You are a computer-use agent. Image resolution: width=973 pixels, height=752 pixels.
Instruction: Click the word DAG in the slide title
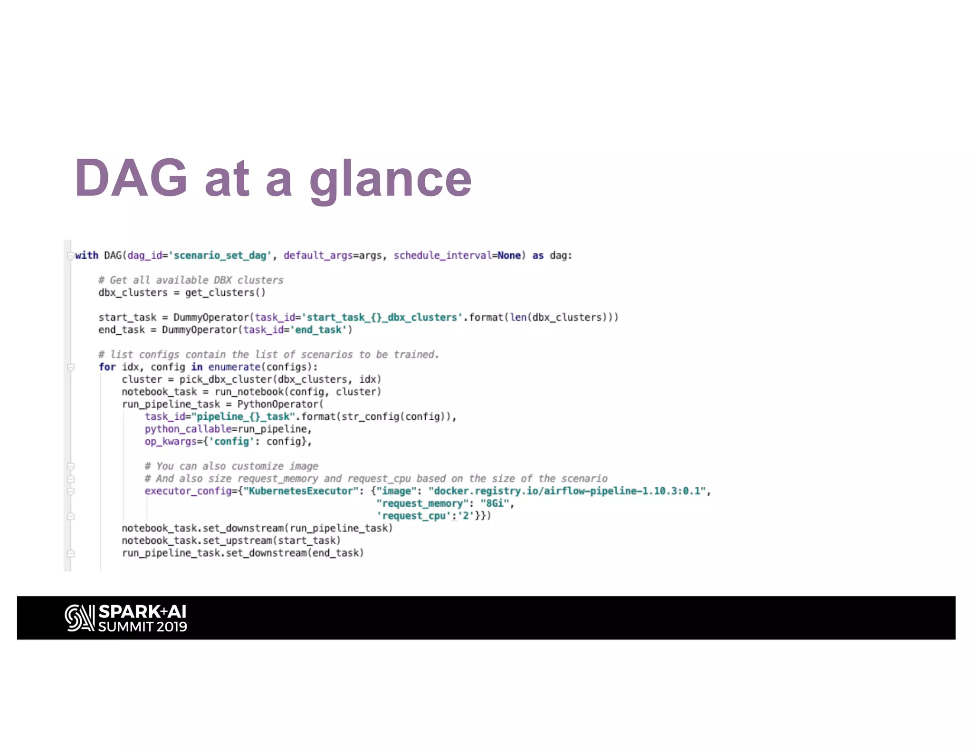(x=131, y=178)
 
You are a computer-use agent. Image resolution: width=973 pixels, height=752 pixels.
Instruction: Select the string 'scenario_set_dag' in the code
(x=220, y=256)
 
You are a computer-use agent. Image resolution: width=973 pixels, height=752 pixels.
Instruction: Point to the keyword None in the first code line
(x=509, y=256)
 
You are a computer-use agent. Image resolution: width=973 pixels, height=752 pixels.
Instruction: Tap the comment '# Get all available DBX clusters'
(x=191, y=280)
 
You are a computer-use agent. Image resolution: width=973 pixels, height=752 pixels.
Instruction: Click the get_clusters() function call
(x=225, y=293)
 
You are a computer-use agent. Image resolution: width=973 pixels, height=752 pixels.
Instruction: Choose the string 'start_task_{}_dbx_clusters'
(x=382, y=318)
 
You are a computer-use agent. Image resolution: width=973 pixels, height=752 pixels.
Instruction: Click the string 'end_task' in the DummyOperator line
(x=318, y=330)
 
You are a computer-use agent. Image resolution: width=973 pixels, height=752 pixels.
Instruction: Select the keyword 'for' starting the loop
(x=107, y=367)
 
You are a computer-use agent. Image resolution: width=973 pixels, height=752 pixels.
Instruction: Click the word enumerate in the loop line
(x=234, y=367)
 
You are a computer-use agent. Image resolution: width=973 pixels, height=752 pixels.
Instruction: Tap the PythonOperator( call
(x=280, y=404)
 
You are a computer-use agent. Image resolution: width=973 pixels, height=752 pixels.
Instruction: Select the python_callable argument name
(x=188, y=429)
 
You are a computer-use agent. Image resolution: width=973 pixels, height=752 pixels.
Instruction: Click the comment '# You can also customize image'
(x=231, y=466)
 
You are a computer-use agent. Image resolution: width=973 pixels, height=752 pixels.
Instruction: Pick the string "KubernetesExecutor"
(x=301, y=491)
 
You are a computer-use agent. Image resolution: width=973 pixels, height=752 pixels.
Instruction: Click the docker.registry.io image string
(x=567, y=491)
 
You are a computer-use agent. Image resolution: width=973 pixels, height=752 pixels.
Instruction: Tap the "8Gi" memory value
(x=494, y=503)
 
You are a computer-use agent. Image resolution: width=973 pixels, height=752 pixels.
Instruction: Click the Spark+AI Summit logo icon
(x=79, y=618)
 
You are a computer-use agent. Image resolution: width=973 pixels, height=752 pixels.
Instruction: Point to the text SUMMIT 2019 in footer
(x=143, y=627)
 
